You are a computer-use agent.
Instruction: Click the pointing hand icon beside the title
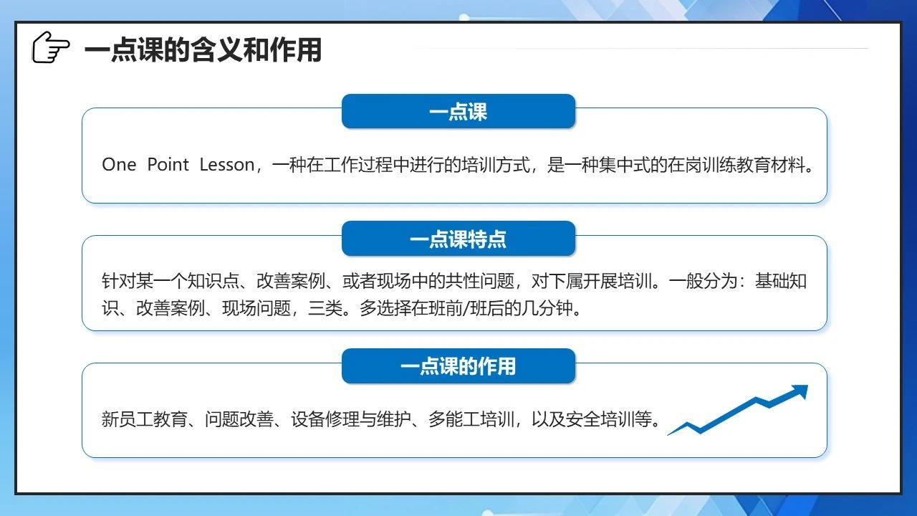pyautogui.click(x=51, y=47)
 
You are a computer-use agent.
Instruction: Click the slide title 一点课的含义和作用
pyautogui.click(x=203, y=50)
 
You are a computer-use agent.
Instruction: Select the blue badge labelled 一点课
pyautogui.click(x=458, y=111)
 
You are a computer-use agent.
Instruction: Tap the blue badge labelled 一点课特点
pyautogui.click(x=458, y=239)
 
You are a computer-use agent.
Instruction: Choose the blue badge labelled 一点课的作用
pyautogui.click(x=458, y=366)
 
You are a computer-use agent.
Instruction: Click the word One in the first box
pyautogui.click(x=119, y=165)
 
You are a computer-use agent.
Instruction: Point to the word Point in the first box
pyautogui.click(x=168, y=165)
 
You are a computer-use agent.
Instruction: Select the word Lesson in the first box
pyautogui.click(x=227, y=165)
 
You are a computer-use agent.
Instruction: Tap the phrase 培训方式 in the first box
pyautogui.click(x=496, y=165)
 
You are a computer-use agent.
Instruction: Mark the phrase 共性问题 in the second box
pyautogui.click(x=479, y=281)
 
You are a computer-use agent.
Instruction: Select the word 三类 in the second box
pyautogui.click(x=325, y=308)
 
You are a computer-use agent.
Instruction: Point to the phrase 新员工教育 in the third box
pyautogui.click(x=145, y=419)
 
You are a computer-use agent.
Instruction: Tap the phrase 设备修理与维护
pyautogui.click(x=351, y=419)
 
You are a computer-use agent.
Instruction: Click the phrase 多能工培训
pyautogui.click(x=471, y=419)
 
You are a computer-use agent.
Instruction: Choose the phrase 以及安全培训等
pyautogui.click(x=592, y=419)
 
